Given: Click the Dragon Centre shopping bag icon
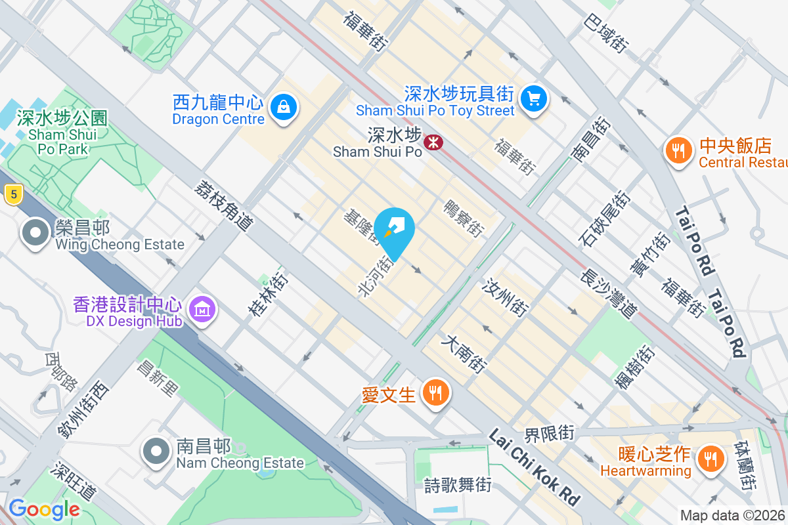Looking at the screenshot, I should [284, 106].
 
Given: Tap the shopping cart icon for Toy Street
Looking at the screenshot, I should [534, 100].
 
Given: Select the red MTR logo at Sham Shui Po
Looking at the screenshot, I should [433, 142].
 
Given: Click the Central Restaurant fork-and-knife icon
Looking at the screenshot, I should [679, 152].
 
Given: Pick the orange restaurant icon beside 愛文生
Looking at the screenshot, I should [434, 393].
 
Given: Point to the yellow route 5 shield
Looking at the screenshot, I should [12, 194].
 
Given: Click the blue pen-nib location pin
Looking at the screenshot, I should [396, 230].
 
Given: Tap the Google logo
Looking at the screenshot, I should [44, 509].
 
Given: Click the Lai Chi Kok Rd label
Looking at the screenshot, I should [535, 467].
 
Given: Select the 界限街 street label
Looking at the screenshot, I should [548, 434].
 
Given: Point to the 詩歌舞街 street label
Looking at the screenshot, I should [458, 486].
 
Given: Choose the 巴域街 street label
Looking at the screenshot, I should [603, 35].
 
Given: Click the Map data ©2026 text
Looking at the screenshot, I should [733, 516].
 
